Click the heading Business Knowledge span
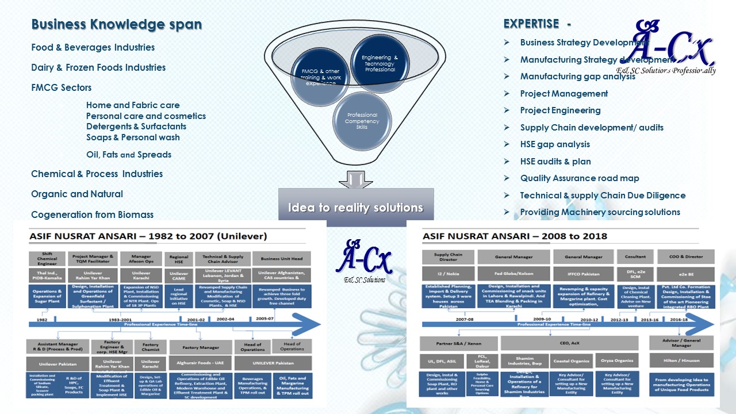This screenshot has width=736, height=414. click(116, 25)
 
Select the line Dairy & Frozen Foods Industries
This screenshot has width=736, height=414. click(98, 67)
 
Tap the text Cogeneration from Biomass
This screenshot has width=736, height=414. click(92, 214)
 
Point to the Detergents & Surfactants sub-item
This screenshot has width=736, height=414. click(136, 126)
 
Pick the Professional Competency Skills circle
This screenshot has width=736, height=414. click(362, 121)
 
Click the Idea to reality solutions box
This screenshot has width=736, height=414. click(355, 208)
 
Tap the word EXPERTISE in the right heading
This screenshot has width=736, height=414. click(531, 24)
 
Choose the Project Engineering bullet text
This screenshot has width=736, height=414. click(560, 110)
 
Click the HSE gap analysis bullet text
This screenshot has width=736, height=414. click(555, 144)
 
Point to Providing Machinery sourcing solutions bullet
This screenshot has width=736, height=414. click(600, 212)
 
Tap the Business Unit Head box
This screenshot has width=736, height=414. click(285, 259)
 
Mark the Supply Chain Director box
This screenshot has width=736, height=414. click(448, 257)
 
